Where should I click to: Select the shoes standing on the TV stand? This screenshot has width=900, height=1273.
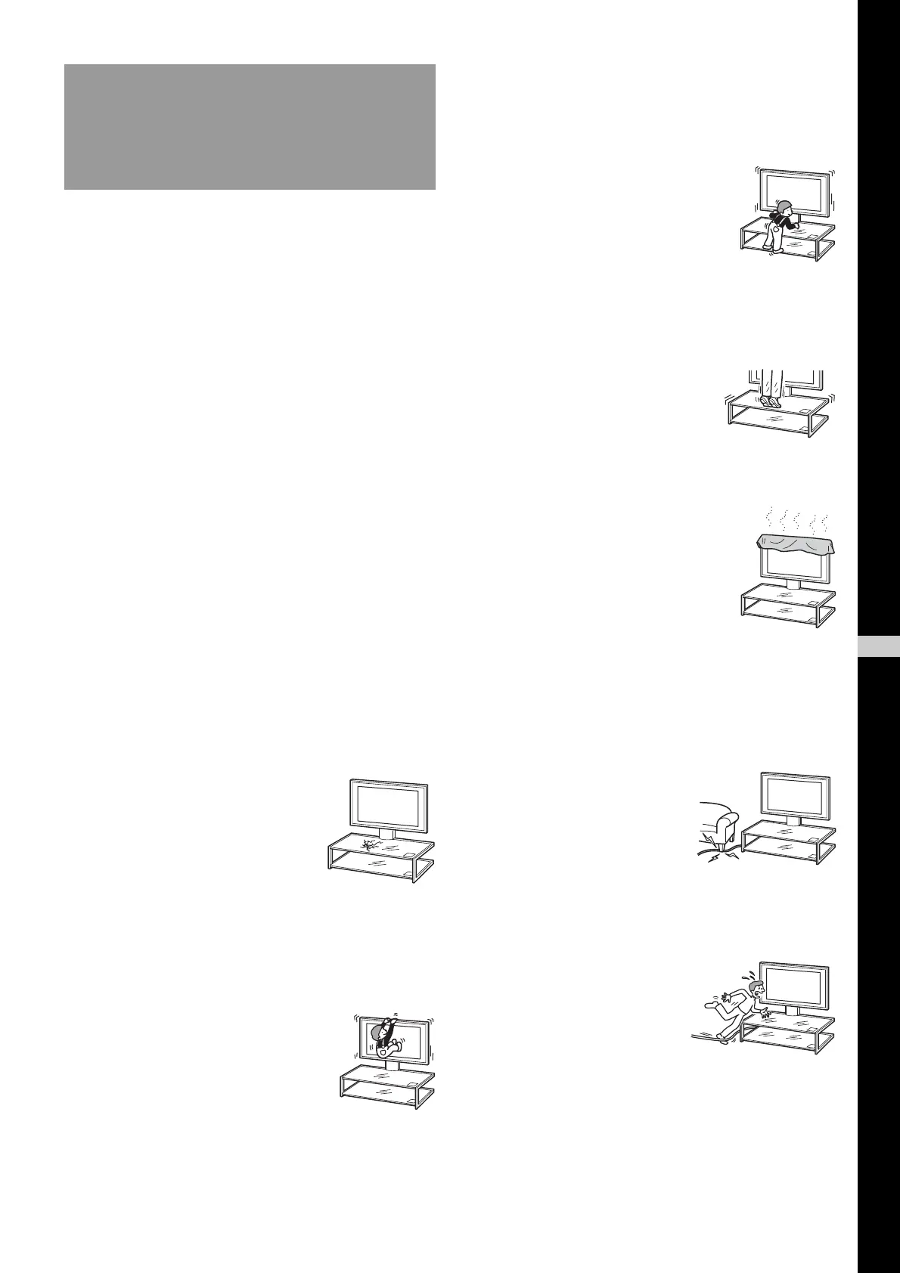pos(770,401)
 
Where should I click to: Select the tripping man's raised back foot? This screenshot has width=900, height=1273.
pos(710,1005)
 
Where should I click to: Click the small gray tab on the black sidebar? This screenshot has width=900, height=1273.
pos(879,647)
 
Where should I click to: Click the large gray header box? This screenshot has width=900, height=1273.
pos(250,126)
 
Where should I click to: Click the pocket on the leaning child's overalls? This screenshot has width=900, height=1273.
pos(774,229)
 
